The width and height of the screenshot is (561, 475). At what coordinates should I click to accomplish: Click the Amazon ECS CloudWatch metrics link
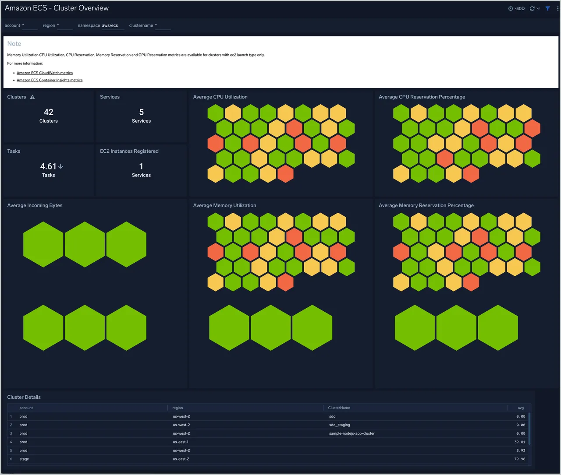click(45, 73)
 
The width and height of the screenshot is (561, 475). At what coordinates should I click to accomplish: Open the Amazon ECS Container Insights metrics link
click(50, 80)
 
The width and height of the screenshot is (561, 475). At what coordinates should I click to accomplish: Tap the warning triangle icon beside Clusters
click(32, 97)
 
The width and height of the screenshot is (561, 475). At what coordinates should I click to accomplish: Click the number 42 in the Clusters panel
click(48, 112)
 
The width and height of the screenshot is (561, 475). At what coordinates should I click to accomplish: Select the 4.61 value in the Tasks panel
click(48, 166)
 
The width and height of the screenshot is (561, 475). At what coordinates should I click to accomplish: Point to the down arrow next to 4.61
click(60, 166)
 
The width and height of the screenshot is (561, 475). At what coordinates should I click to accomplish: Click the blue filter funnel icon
click(548, 8)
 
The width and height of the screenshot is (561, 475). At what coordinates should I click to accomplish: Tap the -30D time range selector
click(516, 8)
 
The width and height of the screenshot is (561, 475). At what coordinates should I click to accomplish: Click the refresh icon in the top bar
click(532, 8)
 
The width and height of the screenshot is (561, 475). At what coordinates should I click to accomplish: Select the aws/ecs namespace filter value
click(110, 25)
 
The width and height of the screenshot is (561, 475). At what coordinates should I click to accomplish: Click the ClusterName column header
click(339, 408)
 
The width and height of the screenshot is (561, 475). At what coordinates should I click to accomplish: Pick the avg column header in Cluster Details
click(521, 408)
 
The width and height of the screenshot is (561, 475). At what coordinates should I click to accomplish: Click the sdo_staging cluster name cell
click(339, 425)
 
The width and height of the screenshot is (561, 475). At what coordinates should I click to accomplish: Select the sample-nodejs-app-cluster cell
click(352, 433)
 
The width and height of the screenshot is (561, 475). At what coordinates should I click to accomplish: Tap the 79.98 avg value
click(519, 459)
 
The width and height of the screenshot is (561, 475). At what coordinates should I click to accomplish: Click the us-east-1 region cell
click(181, 442)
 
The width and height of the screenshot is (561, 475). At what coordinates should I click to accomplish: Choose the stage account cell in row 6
click(24, 459)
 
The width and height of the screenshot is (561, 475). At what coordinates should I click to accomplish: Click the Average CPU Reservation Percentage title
click(422, 97)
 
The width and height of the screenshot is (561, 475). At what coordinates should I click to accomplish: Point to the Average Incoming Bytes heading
click(35, 205)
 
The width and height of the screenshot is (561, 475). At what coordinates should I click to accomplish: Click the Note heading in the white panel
click(14, 44)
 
